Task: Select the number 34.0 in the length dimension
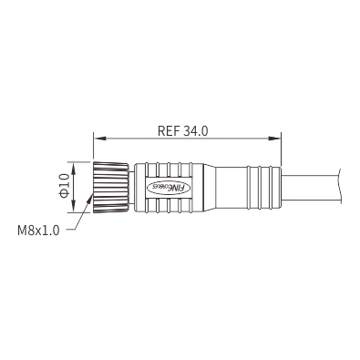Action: tap(196, 131)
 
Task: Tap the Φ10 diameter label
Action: tap(65, 186)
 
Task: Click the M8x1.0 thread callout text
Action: tap(38, 231)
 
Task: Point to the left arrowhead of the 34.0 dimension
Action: tap(100, 139)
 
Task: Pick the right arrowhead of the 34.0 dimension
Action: tap(274, 139)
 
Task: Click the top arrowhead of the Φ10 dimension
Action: tap(74, 169)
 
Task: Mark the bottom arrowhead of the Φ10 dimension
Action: tap(74, 206)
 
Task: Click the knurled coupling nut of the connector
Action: tap(111, 187)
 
